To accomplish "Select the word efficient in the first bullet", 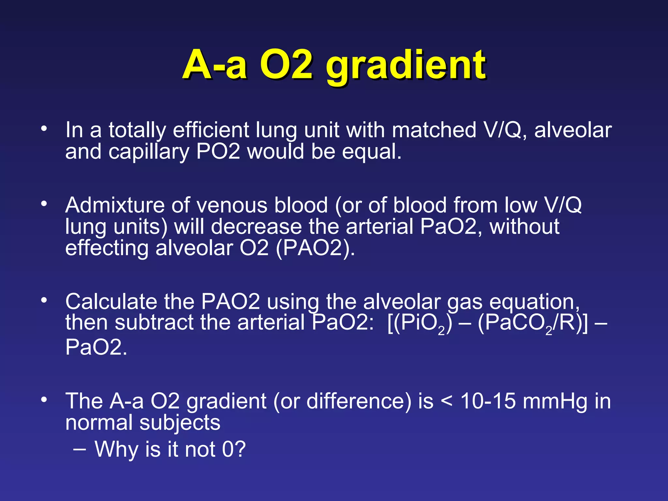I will point(211,130).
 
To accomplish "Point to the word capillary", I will point(149,152).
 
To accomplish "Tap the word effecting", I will point(107,249).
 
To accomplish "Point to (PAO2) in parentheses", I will point(315,249).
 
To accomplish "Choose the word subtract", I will point(154,323).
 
